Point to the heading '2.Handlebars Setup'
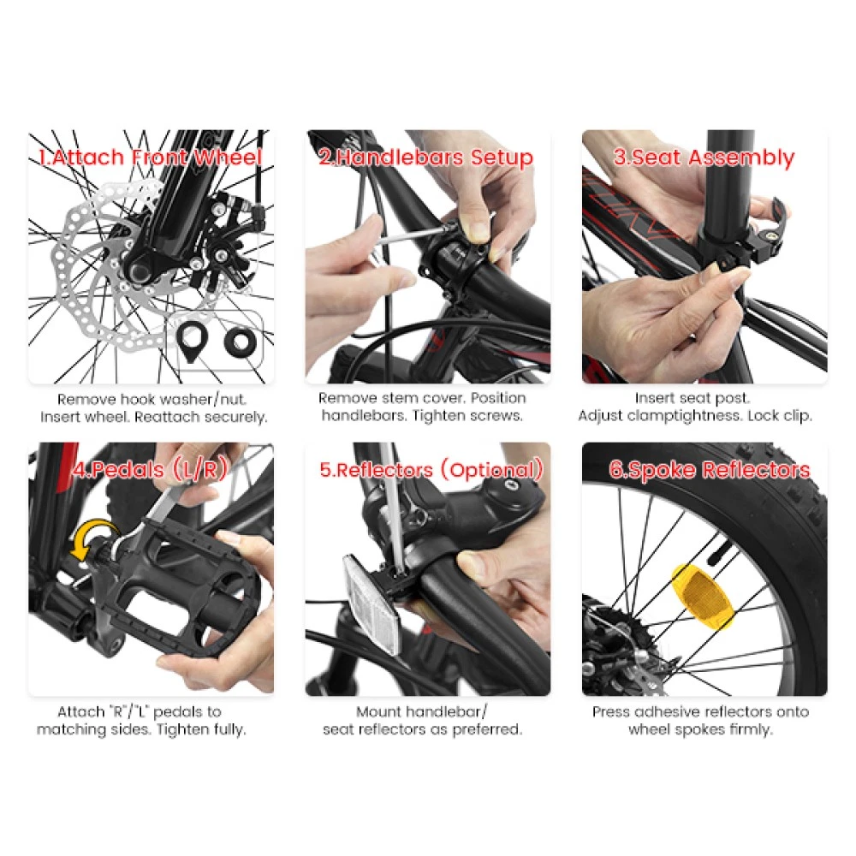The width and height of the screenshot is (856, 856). [x=425, y=158]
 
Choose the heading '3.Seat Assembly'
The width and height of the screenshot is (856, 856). [x=704, y=158]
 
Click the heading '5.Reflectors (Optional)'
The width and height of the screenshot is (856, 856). [x=431, y=470]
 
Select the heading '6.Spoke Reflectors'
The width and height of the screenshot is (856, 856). [x=709, y=470]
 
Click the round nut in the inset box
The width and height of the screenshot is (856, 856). [x=240, y=340]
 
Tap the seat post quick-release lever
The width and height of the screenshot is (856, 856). [x=774, y=223]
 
